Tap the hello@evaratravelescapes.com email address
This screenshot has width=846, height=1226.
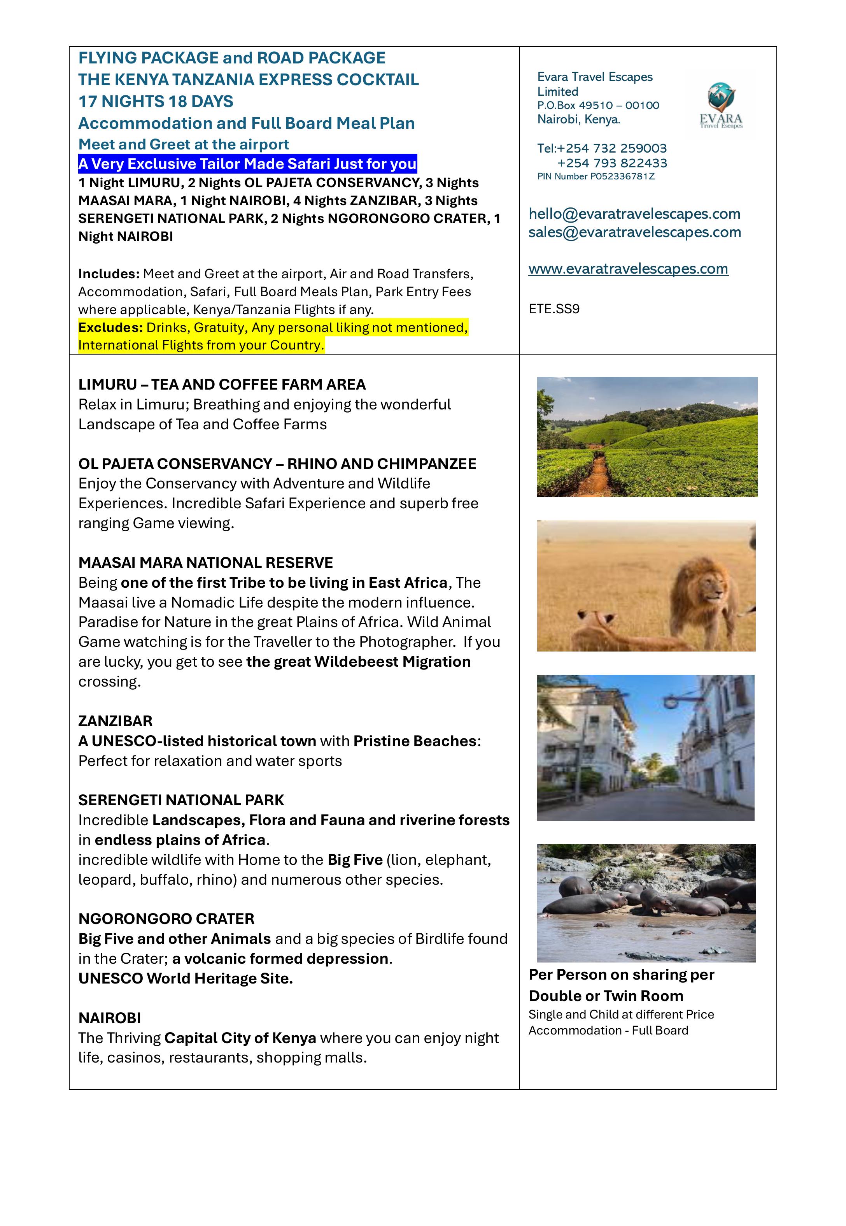634,214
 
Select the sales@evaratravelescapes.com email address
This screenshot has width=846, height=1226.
634,232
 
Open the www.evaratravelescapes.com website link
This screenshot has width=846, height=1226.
628,269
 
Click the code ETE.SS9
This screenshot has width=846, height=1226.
554,309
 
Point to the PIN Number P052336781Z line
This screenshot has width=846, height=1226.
596,177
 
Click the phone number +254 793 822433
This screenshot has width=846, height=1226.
612,163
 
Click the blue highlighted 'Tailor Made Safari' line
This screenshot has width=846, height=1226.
247,164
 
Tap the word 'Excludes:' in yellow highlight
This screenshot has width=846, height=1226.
110,328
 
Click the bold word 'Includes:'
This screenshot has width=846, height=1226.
109,274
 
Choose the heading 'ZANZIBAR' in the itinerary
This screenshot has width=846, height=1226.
115,721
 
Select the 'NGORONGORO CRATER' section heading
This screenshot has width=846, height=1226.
166,919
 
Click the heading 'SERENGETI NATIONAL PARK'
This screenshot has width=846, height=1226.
181,800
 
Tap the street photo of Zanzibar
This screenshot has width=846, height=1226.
645,748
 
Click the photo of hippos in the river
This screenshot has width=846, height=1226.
646,903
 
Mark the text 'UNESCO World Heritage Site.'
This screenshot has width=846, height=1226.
186,979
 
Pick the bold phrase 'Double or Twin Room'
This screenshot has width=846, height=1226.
606,996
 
